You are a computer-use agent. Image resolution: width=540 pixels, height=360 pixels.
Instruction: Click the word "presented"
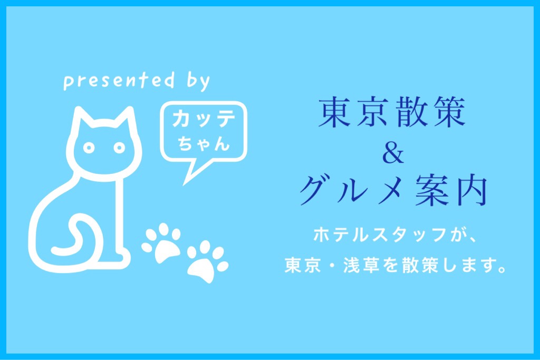click(x=119, y=81)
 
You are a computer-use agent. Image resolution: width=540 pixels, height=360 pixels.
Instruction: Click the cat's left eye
click(x=89, y=148)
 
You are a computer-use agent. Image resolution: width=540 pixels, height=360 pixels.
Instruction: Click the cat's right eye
click(x=119, y=148)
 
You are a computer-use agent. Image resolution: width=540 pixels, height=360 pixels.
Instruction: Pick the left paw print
click(x=161, y=242)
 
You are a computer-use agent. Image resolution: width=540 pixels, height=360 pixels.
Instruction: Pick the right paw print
click(x=207, y=261)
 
